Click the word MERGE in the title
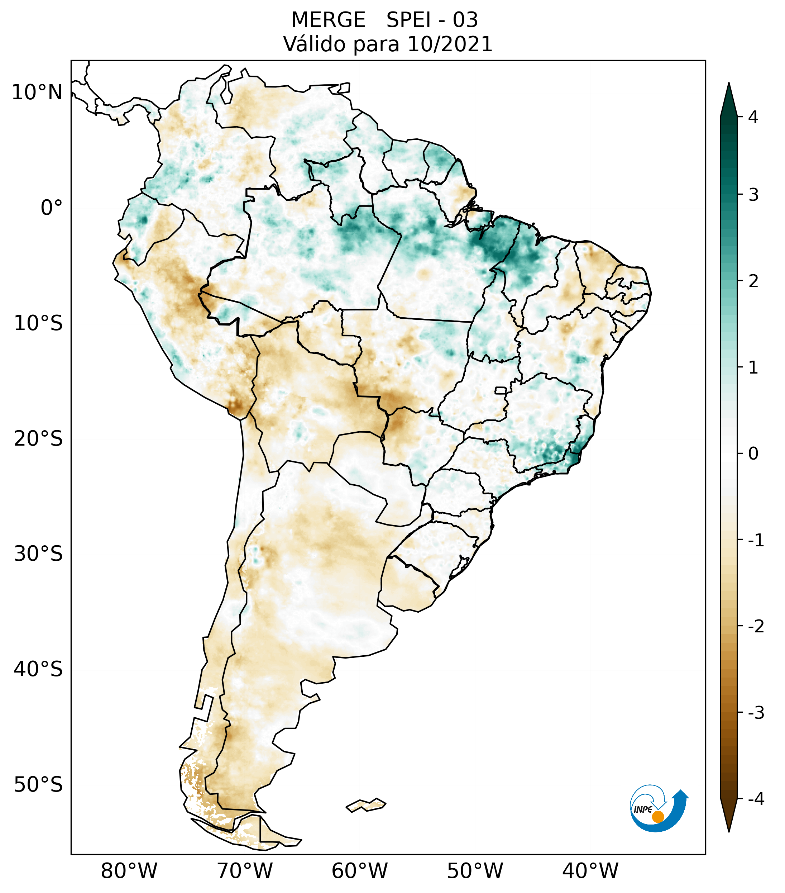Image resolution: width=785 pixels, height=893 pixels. tap(328, 20)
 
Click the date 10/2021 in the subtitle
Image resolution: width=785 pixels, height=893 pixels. tap(450, 44)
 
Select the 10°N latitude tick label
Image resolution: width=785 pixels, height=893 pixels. tap(37, 92)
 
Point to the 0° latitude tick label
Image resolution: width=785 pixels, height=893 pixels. tap(52, 208)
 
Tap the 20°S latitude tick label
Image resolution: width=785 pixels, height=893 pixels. tap(38, 439)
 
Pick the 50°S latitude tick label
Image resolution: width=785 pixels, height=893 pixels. tap(38, 785)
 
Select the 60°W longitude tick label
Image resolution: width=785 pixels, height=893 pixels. tap(359, 871)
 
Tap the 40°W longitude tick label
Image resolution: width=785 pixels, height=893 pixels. tap(590, 871)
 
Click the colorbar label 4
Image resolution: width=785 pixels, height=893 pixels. tap(753, 117)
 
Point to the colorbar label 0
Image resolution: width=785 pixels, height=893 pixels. tap(753, 454)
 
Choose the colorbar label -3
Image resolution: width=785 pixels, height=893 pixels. tap(756, 713)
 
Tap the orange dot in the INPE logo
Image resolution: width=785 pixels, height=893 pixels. tap(657, 817)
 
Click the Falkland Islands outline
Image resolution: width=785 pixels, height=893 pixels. tap(366, 805)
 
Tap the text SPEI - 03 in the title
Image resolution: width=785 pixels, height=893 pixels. tap(432, 20)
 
